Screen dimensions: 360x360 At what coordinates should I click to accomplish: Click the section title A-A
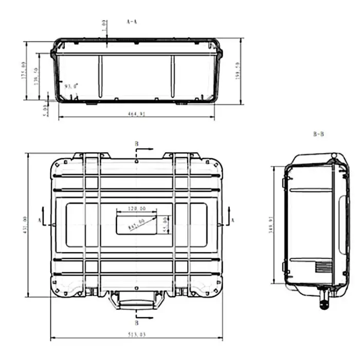132,22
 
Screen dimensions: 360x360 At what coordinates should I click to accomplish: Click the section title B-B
318,134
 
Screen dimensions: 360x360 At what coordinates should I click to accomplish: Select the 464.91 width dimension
136,114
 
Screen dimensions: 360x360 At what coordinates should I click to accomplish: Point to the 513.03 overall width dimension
136,334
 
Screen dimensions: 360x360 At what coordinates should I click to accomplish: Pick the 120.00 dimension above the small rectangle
136,209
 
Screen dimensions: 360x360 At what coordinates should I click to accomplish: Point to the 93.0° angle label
71,86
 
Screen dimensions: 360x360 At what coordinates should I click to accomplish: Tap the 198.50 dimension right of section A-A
237,70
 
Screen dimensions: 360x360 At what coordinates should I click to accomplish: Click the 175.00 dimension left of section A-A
23,70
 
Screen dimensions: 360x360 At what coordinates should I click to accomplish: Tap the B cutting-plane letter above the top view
136,143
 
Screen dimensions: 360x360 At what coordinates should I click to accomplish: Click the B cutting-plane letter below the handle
136,323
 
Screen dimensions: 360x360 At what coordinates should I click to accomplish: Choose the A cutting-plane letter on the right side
232,220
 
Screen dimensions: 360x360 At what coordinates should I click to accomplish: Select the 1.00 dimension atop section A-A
104,25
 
